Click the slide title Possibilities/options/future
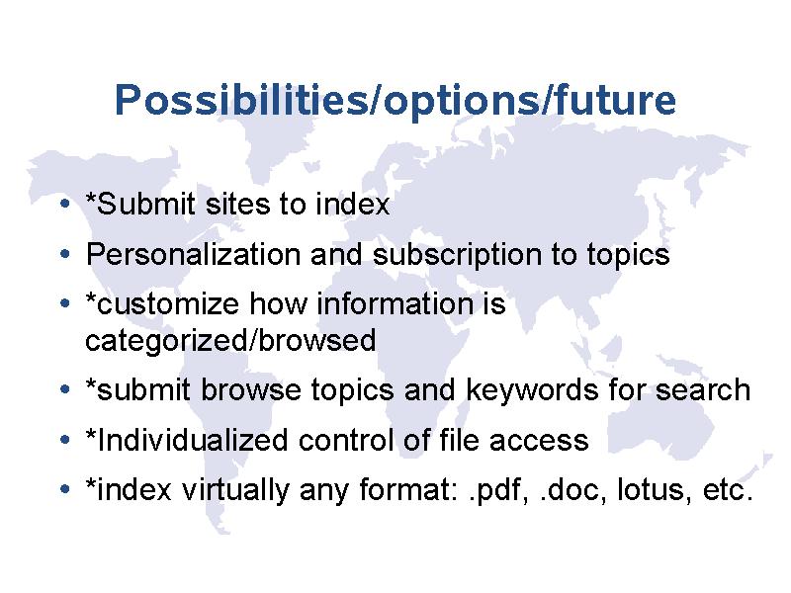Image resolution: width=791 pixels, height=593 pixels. pos(395,100)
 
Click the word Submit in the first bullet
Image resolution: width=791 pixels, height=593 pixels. pos(145,204)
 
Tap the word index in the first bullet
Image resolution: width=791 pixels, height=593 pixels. pos(353,204)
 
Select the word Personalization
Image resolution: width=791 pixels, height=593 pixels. pos(193,254)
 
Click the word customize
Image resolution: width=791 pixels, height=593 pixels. pos(167,304)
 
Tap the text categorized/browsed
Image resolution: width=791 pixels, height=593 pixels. pos(230,341)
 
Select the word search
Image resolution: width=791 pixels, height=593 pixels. pos(703,389)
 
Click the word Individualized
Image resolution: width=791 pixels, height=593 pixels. pos(192,440)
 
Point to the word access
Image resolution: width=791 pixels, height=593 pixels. pos(539,440)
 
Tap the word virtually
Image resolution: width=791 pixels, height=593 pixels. pos(235,489)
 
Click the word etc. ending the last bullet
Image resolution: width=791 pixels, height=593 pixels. pos(728,490)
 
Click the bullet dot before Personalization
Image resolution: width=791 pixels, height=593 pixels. pos(64,254)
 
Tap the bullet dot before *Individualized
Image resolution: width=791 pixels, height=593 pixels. pos(64,440)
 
